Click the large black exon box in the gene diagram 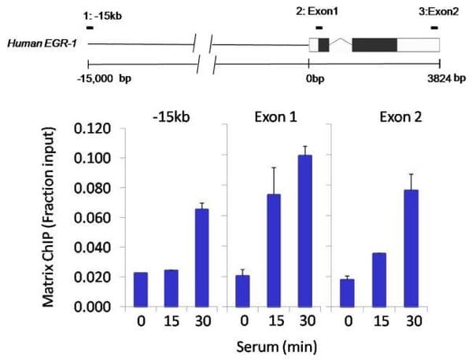374,45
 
